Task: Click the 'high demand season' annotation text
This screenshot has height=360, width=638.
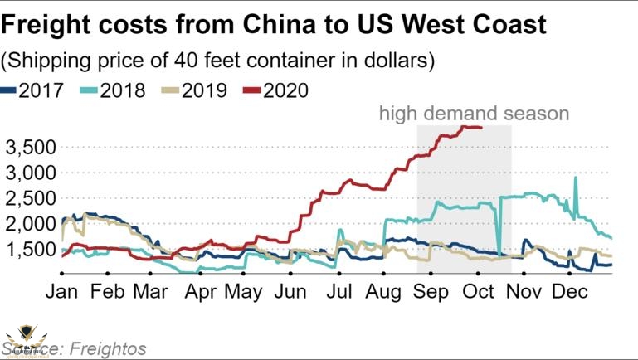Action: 474,114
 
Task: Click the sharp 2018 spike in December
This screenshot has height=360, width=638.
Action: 576,178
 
